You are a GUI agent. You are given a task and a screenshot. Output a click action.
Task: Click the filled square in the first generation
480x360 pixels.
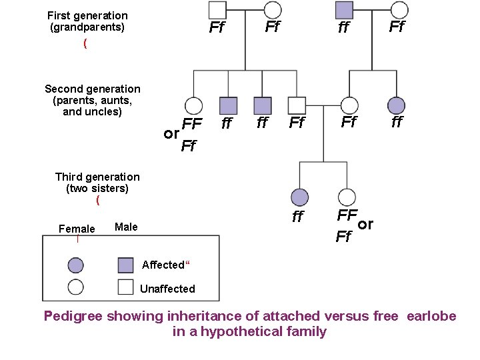click(x=344, y=10)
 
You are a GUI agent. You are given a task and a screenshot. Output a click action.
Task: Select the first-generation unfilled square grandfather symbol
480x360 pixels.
click(x=217, y=10)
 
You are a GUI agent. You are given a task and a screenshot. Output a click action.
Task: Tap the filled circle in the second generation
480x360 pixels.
click(x=397, y=105)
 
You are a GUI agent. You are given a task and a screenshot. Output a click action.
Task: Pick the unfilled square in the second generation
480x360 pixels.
click(x=297, y=105)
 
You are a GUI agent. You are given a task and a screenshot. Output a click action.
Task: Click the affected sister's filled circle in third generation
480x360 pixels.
click(x=300, y=197)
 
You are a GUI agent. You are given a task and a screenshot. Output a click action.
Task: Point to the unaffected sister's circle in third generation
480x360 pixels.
click(x=347, y=197)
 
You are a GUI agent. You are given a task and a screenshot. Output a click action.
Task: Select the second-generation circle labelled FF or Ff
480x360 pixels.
click(x=193, y=105)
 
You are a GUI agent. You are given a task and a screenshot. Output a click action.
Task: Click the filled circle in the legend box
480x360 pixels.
click(x=76, y=265)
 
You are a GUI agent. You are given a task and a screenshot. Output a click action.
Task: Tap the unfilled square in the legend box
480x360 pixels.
click(x=125, y=287)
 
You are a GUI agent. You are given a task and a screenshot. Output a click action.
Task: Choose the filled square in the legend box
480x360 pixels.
click(x=125, y=265)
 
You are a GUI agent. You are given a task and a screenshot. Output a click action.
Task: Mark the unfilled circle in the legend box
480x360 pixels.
click(x=76, y=287)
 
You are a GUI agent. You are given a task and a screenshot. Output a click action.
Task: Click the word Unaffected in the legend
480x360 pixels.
click(x=167, y=289)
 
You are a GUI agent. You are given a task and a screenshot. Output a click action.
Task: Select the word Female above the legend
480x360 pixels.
click(x=77, y=229)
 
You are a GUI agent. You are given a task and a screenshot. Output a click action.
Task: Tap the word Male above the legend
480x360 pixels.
click(x=126, y=227)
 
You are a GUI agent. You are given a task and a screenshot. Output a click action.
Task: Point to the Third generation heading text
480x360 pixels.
click(x=97, y=177)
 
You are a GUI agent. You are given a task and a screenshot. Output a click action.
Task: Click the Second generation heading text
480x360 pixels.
click(x=93, y=89)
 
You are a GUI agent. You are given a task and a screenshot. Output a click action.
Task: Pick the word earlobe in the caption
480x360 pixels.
click(x=430, y=316)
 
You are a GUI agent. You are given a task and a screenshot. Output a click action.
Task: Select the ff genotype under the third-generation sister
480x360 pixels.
click(x=298, y=217)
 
